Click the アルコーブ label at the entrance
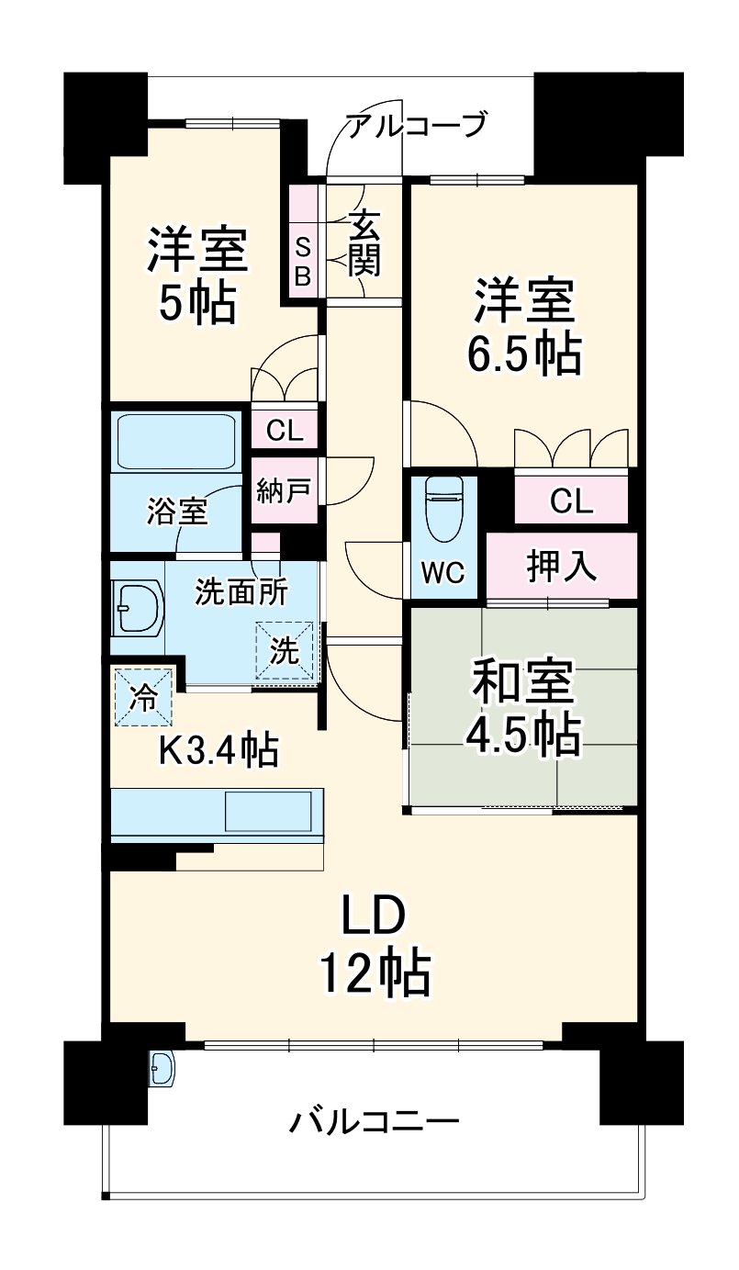pos(415,124)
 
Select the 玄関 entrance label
pos(364,243)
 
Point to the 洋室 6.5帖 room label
pos(524,328)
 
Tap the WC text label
pos(443,573)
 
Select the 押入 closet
pos(561,566)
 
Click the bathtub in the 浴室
pos(174,442)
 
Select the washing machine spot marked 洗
pos(285,651)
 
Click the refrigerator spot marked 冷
pos(142,695)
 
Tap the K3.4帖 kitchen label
pos(218,751)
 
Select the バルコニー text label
pos(375,1122)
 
